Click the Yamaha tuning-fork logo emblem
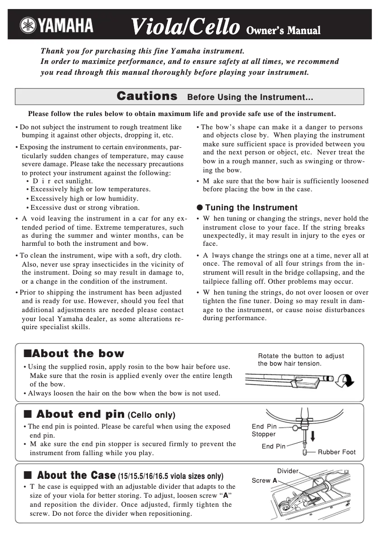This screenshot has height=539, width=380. pos(28,26)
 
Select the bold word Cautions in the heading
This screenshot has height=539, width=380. pos(147,96)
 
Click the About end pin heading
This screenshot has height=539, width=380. pos(80,414)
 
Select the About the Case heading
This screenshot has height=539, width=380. pos(76,475)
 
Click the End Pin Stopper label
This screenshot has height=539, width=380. pos(264,430)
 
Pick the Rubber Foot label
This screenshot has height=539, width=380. pos(336,452)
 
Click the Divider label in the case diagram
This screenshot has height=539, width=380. pos(288,471)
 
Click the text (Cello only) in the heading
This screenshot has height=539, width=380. pos(152,415)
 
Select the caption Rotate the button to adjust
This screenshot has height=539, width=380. pos(301,356)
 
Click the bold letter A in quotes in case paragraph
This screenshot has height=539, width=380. pos(226,495)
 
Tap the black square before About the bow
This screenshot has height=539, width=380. pos(27,353)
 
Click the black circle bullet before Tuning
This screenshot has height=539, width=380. pos(199,207)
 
